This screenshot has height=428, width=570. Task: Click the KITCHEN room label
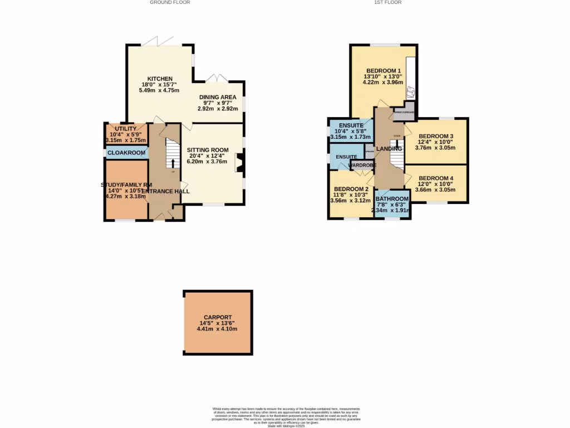click(160, 79)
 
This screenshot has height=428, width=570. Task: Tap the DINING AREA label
click(222, 97)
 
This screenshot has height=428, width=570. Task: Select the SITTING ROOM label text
click(208, 150)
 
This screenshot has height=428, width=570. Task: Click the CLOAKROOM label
click(126, 153)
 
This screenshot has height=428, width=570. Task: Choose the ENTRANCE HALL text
click(166, 191)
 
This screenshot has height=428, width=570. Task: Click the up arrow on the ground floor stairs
click(173, 163)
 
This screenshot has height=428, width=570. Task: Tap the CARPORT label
click(217, 317)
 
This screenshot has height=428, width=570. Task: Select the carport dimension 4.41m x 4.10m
click(217, 329)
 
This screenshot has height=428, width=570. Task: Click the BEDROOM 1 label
click(383, 70)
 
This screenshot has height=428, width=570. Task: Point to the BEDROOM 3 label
click(436, 137)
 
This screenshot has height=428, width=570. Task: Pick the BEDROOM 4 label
click(436, 178)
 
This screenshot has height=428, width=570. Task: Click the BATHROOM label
click(392, 199)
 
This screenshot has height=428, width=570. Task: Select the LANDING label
click(389, 149)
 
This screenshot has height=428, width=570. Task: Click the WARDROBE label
click(362, 166)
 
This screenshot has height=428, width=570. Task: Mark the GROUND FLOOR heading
click(170, 2)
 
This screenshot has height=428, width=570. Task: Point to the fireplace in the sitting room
click(239, 162)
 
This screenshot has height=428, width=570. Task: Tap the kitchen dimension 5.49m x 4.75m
click(160, 90)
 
